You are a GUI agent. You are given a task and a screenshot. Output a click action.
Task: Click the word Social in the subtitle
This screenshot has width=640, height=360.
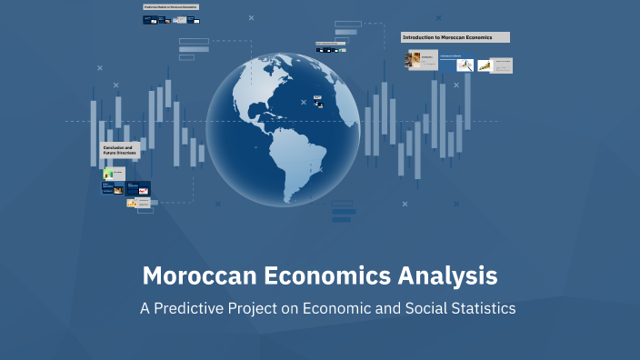(x=417, y=308)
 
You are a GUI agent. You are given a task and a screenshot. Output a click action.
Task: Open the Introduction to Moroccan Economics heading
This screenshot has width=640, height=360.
(x=455, y=37)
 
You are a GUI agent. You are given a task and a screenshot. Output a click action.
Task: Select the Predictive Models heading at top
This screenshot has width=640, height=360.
(x=171, y=7)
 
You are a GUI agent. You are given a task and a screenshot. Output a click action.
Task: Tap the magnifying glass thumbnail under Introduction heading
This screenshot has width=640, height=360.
(x=465, y=65)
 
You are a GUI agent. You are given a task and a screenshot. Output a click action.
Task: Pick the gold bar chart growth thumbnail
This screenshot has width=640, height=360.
(x=485, y=65)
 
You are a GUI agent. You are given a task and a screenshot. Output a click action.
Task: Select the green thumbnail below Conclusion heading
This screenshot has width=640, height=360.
(x=108, y=173)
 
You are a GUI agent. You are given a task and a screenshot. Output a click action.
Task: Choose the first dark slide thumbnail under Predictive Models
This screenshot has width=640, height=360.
(x=150, y=19)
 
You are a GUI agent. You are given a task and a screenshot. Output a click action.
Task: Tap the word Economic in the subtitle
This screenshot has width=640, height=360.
(x=337, y=308)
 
